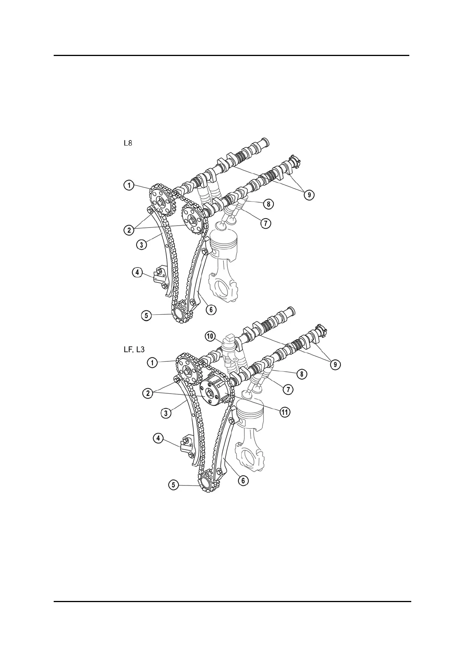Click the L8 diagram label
128,143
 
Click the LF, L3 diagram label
134,350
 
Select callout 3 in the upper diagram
142,245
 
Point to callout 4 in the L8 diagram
137,272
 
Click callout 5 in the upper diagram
146,315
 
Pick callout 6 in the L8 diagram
210,309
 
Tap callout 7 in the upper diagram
265,223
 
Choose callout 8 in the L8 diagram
268,203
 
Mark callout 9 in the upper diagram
309,194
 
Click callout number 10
210,336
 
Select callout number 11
285,412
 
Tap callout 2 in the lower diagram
148,394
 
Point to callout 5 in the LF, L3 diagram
174,485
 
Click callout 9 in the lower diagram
335,364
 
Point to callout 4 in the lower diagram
158,438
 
